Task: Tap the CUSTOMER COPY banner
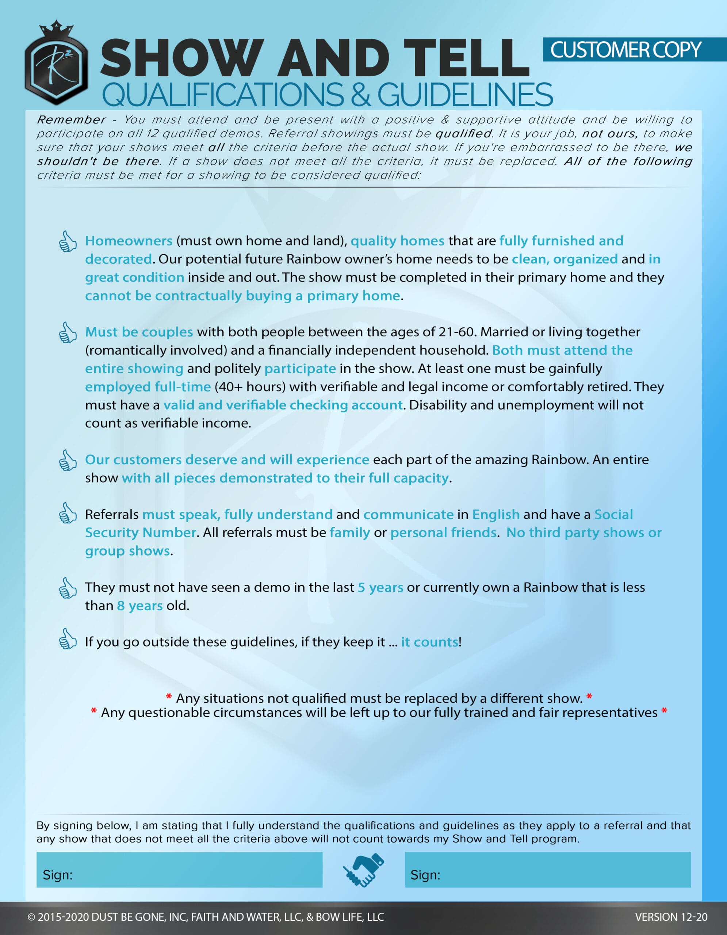625,50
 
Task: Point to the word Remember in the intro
71,119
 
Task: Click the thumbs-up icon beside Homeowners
68,241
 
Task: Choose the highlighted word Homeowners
129,241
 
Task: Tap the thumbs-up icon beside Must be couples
68,333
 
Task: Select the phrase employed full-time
148,386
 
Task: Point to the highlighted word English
495,514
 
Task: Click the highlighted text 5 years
380,587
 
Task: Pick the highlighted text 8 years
139,606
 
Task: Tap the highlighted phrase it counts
429,642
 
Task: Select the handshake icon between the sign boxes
364,870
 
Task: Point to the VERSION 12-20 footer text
670,917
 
